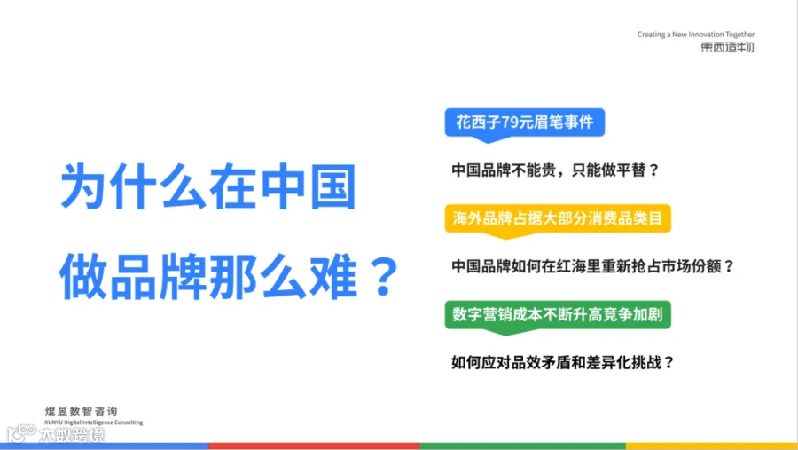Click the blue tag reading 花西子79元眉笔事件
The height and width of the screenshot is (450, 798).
pyautogui.click(x=525, y=122)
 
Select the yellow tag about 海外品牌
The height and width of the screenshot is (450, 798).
pyautogui.click(x=558, y=218)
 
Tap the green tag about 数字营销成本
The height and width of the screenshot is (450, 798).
pyautogui.click(x=558, y=315)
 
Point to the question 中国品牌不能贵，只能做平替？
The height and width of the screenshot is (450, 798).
pyautogui.click(x=555, y=170)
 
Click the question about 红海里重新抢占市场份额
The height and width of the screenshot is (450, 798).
pyautogui.click(x=593, y=266)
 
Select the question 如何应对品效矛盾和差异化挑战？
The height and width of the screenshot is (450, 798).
pyautogui.click(x=563, y=362)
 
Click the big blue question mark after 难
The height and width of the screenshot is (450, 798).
pyautogui.click(x=384, y=276)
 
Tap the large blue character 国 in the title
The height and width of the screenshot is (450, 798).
pyautogui.click(x=332, y=186)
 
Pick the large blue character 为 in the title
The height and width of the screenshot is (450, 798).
pyautogui.click(x=83, y=186)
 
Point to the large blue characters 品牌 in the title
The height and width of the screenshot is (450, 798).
pyautogui.click(x=158, y=276)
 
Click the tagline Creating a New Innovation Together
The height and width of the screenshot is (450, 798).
pyautogui.click(x=696, y=35)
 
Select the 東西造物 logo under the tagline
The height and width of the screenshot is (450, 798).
pyautogui.click(x=727, y=47)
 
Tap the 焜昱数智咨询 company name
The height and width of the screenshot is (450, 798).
pyautogui.click(x=82, y=411)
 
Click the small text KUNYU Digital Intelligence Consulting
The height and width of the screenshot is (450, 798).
pyautogui.click(x=94, y=422)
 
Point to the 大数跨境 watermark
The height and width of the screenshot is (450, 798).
pyautogui.click(x=56, y=434)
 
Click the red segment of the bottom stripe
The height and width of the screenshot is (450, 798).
pyautogui.click(x=314, y=446)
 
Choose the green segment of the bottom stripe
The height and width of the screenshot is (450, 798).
pyautogui.click(x=522, y=446)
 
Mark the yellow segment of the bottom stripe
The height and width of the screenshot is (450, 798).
pyautogui.click(x=712, y=446)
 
